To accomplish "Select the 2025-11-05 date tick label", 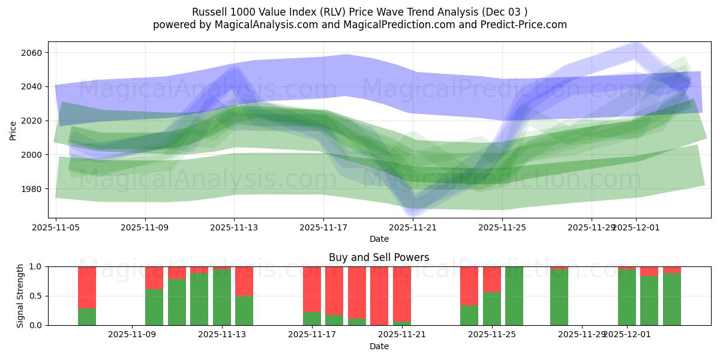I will pos(56,227).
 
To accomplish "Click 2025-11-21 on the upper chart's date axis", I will pos(413,227).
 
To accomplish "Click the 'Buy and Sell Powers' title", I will pos(379,257).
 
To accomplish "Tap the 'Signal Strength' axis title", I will pos(20,295).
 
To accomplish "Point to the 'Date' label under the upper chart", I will pos(379,239).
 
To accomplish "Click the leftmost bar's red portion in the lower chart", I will pos(87,287).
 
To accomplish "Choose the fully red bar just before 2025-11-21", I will pos(379,296).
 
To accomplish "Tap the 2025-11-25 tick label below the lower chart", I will pos(492,334).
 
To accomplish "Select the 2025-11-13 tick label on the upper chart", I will pos(234,227).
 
